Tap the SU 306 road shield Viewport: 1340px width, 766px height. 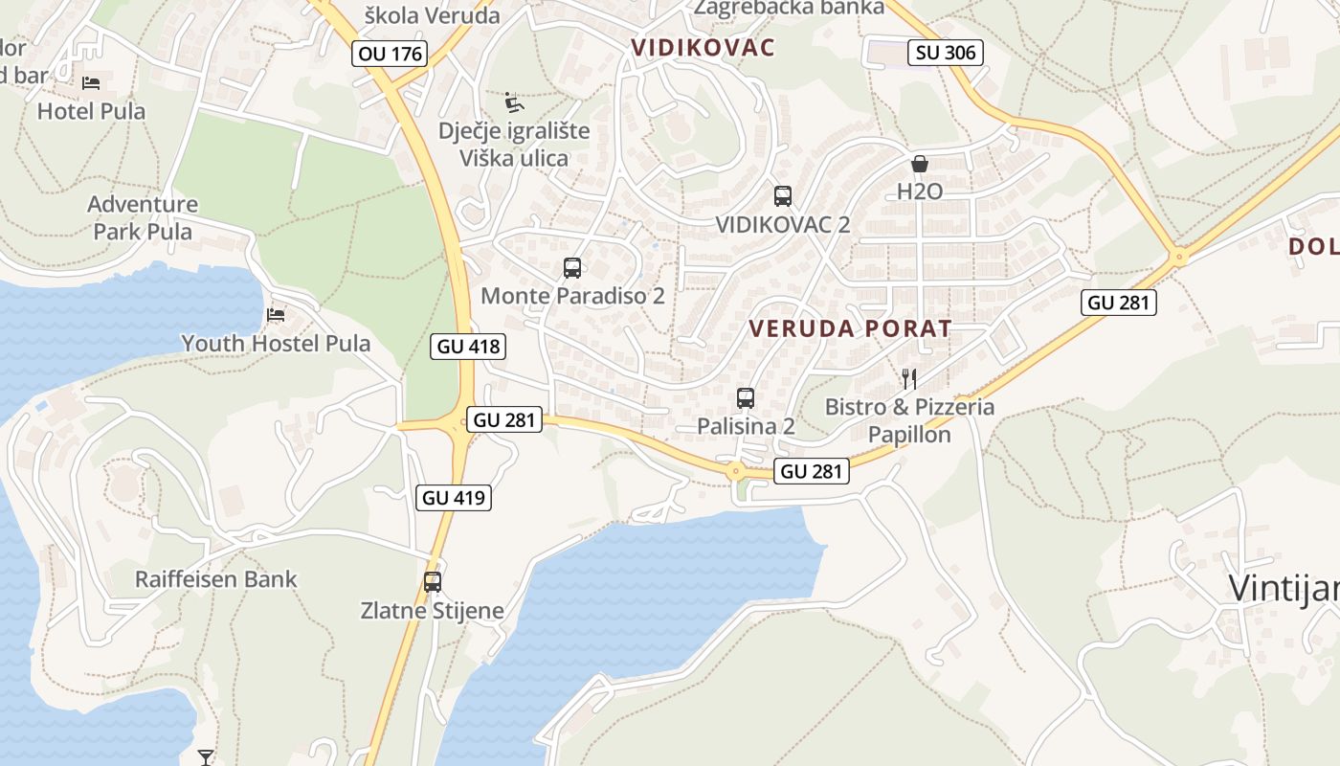click(947, 53)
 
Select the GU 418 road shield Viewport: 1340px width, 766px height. click(468, 346)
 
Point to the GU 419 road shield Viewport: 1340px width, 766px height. click(455, 497)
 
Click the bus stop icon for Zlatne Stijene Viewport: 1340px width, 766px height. click(433, 581)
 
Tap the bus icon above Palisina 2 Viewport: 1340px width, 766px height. click(746, 397)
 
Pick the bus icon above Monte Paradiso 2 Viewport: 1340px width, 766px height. click(572, 268)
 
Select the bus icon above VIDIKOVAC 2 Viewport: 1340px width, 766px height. click(782, 196)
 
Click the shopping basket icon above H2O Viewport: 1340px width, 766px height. click(920, 164)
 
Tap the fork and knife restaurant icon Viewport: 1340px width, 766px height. click(909, 378)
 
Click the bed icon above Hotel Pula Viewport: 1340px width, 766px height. click(91, 83)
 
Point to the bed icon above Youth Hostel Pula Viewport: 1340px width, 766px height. click(276, 314)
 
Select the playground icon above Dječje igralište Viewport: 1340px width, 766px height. click(514, 101)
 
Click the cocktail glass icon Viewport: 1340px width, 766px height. click(206, 757)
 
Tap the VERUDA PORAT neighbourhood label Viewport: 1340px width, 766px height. click(850, 328)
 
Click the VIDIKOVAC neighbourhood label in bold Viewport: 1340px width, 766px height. click(703, 47)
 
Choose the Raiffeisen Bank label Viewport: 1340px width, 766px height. click(216, 579)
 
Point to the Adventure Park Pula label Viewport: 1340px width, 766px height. click(143, 217)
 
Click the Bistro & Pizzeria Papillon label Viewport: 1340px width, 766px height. click(909, 420)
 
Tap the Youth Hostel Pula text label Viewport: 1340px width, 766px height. click(276, 343)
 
